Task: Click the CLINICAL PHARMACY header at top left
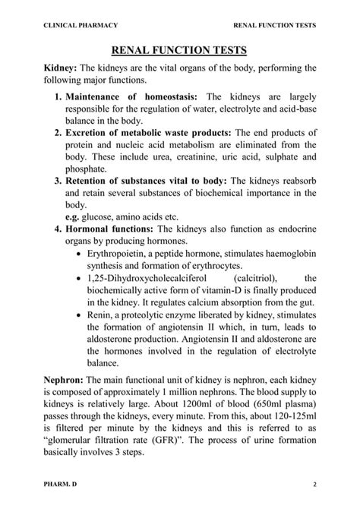(x=81, y=25)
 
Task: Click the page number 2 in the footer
(x=314, y=484)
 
